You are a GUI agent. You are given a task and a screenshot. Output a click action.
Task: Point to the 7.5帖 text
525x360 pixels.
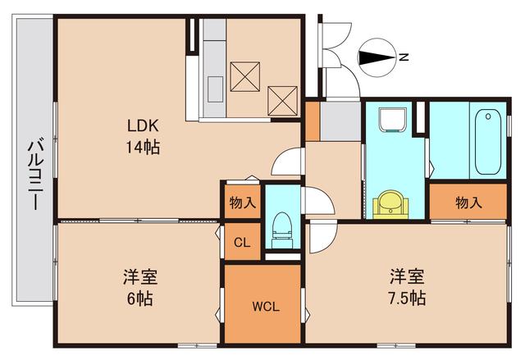click(x=407, y=297)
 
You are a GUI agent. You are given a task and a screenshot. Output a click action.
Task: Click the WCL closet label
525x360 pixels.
click(x=265, y=308)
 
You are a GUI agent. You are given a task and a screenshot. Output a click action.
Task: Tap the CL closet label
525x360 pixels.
click(x=242, y=243)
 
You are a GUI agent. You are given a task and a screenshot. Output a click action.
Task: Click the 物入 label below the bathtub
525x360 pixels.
click(x=468, y=202)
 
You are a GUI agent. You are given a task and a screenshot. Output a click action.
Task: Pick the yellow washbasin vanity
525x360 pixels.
click(x=390, y=203)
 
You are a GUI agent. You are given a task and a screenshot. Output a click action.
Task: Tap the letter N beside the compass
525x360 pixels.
click(x=403, y=57)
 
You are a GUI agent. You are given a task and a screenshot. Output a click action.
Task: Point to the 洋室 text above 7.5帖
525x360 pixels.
click(x=407, y=275)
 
